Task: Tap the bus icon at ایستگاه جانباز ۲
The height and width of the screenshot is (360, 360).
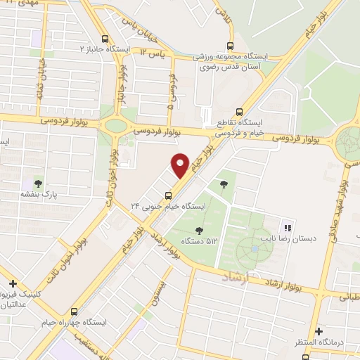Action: coord(105,39)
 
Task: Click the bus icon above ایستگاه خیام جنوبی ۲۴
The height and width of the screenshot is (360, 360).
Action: coord(168,195)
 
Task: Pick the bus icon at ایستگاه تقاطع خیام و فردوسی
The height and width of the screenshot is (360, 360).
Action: coord(239,112)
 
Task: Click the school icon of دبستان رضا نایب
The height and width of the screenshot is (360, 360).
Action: coord(286,227)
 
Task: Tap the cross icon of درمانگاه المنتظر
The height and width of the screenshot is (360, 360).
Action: coord(319,330)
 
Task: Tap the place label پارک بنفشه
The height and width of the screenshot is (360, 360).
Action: coord(38,195)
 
